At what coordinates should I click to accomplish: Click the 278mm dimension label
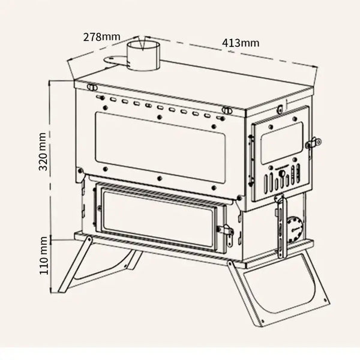[x=102, y=37]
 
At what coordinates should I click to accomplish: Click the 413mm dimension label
[x=241, y=43]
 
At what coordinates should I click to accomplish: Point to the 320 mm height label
[x=43, y=152]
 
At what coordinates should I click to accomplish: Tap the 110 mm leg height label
[x=43, y=256]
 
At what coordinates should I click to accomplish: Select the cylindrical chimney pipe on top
[x=143, y=56]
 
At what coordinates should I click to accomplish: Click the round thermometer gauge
[x=295, y=229]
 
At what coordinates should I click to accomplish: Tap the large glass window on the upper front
[x=160, y=148]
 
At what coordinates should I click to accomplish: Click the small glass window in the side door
[x=282, y=143]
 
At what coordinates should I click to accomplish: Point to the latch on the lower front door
[x=227, y=233]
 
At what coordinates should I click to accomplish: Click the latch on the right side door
[x=313, y=143]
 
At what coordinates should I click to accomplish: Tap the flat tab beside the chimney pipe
[x=113, y=60]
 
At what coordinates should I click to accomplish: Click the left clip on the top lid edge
[x=92, y=87]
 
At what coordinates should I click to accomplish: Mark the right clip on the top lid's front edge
[x=227, y=110]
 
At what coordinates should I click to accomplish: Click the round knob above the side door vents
[x=282, y=173]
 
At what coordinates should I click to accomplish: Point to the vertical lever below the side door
[x=281, y=226]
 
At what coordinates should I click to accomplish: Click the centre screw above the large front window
[x=160, y=117]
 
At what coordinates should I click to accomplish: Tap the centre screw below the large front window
[x=160, y=178]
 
